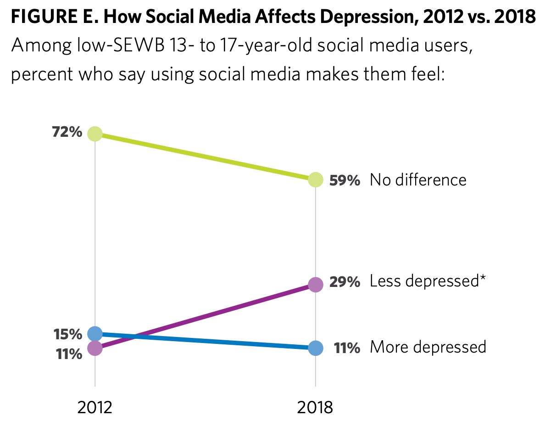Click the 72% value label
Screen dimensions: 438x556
pyautogui.click(x=67, y=133)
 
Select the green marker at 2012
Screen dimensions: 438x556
pyautogui.click(x=95, y=134)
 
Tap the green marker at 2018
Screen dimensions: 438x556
pyautogui.click(x=315, y=180)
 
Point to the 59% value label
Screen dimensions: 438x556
pyautogui.click(x=345, y=180)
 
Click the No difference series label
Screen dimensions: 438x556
pyautogui.click(x=418, y=180)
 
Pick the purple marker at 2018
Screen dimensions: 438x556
pyautogui.click(x=315, y=285)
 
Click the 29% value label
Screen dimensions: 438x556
pyautogui.click(x=345, y=281)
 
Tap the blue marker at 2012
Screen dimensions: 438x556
pyautogui.click(x=95, y=333)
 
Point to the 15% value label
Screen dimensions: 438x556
pyautogui.click(x=67, y=334)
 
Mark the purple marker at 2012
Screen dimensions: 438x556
pyautogui.click(x=95, y=348)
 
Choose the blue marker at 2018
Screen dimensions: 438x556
pyautogui.click(x=315, y=348)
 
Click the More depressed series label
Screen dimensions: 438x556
pyautogui.click(x=428, y=347)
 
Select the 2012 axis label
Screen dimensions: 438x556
pyautogui.click(x=95, y=407)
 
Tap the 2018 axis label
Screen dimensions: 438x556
pyautogui.click(x=315, y=407)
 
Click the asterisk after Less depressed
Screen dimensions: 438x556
pyautogui.click(x=483, y=278)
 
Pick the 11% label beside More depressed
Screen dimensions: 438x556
pyautogui.click(x=347, y=348)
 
